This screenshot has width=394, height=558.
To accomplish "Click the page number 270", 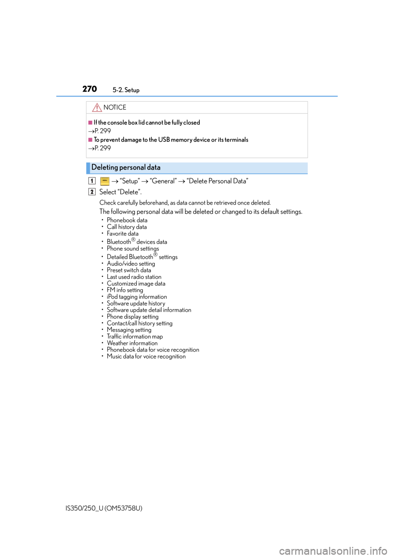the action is pos(89,89).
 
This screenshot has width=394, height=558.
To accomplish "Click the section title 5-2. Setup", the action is pos(126,90).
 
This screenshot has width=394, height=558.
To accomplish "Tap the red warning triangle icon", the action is pos(97,107).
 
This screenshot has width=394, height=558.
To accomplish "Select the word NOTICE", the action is pos(115,107).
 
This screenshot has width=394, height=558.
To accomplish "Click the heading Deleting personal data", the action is pos(126,167).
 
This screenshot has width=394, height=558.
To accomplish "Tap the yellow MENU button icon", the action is pos(105,181).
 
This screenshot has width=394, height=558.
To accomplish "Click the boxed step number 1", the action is pos(92,181).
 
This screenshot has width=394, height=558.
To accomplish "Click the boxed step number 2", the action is pos(92,191).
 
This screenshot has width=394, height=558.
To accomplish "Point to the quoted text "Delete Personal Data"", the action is pos(217,181).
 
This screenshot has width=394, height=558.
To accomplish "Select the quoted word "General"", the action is pos(163,181).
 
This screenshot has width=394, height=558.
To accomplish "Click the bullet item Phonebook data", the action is pos(127,220).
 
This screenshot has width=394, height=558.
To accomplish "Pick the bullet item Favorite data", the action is pos(123,234).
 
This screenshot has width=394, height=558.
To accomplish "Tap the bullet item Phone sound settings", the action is pos(133,249).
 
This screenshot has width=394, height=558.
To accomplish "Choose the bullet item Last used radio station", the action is pos(134,277).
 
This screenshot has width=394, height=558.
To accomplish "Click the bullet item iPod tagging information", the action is pos(137,297).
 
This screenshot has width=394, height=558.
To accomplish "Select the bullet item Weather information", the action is pos(132,343).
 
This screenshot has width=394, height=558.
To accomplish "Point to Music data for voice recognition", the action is pos(146,357).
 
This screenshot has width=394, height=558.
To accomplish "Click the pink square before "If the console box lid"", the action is pos(90,122).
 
